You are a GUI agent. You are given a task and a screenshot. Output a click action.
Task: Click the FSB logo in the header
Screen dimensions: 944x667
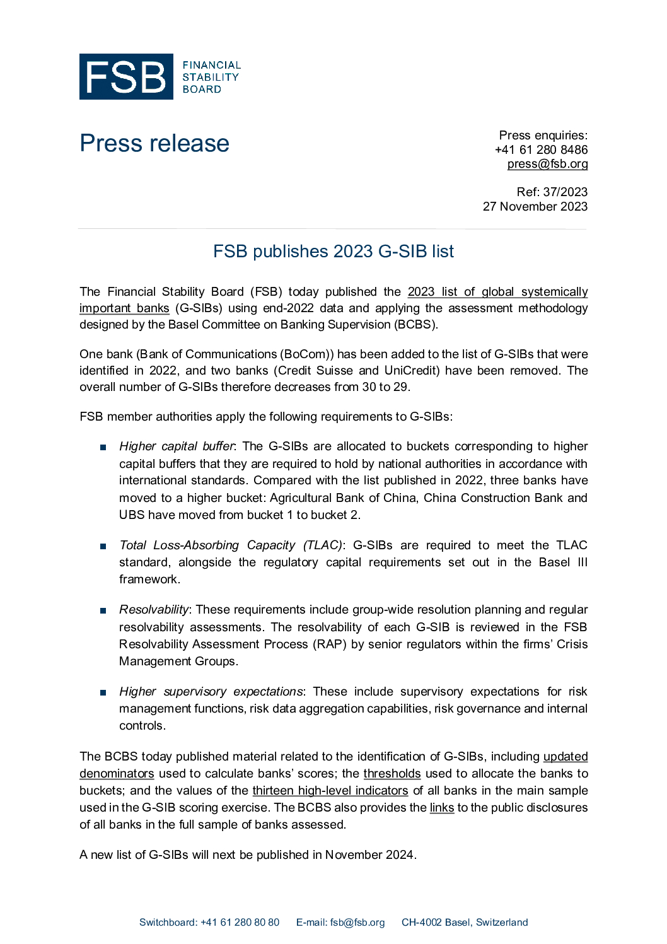[159, 76]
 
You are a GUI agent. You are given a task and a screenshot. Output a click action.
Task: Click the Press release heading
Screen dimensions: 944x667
[154, 143]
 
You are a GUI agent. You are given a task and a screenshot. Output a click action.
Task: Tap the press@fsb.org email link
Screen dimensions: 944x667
[547, 164]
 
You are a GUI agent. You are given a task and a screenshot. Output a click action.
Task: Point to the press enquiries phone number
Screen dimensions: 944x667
[541, 149]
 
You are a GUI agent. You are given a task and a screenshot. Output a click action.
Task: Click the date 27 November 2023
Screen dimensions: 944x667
[535, 206]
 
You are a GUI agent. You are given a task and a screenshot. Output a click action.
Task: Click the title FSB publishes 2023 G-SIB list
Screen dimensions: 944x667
[333, 252]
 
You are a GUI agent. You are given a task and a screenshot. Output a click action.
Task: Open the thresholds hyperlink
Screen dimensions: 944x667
[391, 774]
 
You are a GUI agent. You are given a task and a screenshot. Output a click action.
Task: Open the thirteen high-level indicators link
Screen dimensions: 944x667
[330, 791]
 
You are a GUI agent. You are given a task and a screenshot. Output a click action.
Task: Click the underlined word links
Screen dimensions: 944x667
[442, 808]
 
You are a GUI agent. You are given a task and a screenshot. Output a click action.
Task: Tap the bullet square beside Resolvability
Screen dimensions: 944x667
[103, 610]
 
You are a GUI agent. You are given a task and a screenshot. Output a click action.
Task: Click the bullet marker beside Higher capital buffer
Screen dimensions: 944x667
[103, 447]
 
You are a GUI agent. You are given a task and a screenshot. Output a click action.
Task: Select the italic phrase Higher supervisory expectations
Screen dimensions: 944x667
[211, 692]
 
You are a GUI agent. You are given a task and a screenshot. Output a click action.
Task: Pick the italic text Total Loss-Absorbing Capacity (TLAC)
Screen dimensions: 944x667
[231, 545]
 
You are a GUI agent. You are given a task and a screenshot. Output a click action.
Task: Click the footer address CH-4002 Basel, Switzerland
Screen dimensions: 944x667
[465, 923]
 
